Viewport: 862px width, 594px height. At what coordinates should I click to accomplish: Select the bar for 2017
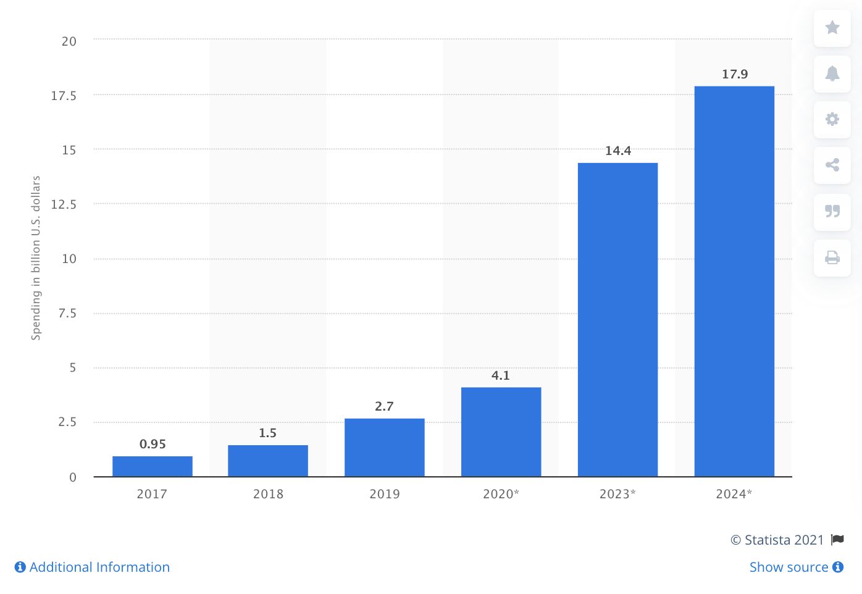pyautogui.click(x=152, y=466)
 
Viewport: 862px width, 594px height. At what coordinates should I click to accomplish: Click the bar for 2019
pyautogui.click(x=384, y=448)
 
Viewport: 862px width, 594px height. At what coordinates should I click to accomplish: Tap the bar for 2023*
pyautogui.click(x=617, y=320)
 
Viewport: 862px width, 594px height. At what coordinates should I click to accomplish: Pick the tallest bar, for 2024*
pyautogui.click(x=734, y=282)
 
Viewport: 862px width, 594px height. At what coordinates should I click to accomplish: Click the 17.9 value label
pyautogui.click(x=735, y=75)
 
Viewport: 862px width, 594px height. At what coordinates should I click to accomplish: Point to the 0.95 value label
pyautogui.click(x=153, y=444)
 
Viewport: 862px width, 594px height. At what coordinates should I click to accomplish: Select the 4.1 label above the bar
pyautogui.click(x=501, y=375)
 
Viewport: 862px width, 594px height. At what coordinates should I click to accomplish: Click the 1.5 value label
pyautogui.click(x=267, y=433)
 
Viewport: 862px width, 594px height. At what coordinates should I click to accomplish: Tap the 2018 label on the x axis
pyautogui.click(x=268, y=494)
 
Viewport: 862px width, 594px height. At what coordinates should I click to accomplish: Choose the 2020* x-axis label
pyautogui.click(x=501, y=494)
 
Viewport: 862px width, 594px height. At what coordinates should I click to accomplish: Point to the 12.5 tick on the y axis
pyautogui.click(x=64, y=204)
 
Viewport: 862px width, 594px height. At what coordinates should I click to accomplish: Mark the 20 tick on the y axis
pyautogui.click(x=69, y=41)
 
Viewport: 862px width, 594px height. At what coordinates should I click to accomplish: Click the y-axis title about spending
pyautogui.click(x=36, y=257)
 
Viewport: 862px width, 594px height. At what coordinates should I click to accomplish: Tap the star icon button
pyautogui.click(x=832, y=28)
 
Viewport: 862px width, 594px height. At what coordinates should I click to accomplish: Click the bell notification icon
pyautogui.click(x=832, y=73)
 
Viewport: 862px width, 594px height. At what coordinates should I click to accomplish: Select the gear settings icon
pyautogui.click(x=832, y=119)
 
